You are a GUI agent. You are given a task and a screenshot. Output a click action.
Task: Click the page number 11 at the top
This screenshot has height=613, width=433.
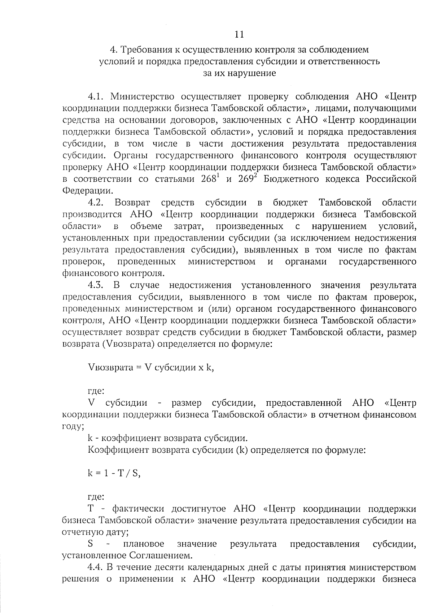point(239,34)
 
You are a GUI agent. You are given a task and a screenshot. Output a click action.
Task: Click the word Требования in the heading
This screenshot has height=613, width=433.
point(148,49)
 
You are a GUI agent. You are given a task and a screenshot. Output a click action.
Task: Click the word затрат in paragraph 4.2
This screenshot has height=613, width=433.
point(188,226)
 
